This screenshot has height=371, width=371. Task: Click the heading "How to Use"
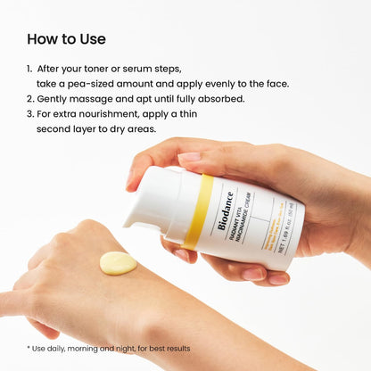66,39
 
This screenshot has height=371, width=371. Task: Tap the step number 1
29,67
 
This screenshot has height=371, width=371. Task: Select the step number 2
29,98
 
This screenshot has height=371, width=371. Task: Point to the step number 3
29,114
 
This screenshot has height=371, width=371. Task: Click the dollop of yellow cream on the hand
118,262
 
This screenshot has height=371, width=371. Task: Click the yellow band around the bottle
197,211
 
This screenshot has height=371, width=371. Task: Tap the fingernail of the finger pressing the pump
189,158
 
